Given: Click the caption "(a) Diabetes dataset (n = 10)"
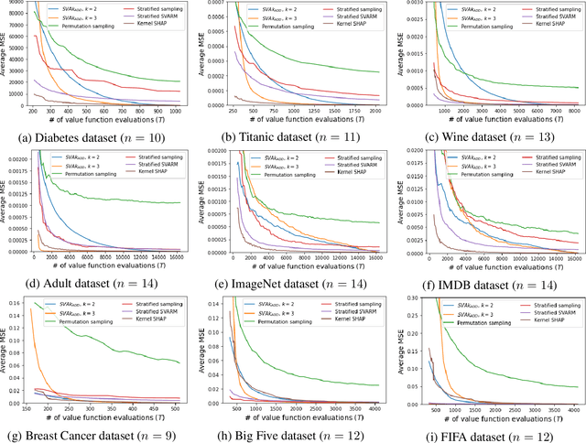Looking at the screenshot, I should click(101, 136).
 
